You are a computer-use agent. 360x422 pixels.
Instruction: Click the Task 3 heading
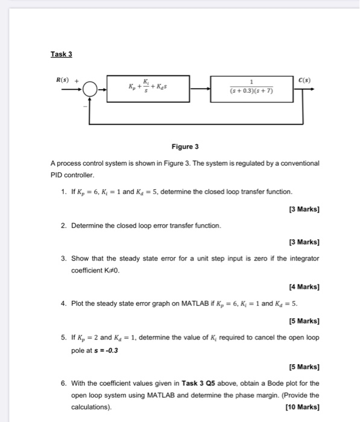(x=61, y=54)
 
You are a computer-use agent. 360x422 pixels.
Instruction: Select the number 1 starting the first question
(x=63, y=192)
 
